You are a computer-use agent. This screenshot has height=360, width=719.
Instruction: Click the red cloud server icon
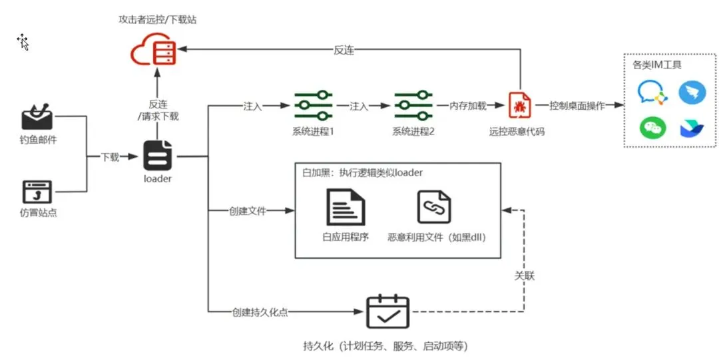click(156, 50)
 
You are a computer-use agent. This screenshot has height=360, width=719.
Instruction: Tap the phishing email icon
click(38, 117)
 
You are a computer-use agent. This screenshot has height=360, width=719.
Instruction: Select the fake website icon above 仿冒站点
click(37, 192)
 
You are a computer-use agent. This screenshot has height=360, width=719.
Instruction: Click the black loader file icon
click(158, 156)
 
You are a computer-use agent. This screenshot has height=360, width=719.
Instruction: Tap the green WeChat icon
click(652, 127)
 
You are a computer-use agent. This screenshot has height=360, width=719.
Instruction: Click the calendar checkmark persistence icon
click(387, 312)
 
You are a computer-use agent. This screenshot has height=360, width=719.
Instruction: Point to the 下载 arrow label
click(110, 157)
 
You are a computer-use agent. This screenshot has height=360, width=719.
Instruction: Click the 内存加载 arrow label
click(468, 106)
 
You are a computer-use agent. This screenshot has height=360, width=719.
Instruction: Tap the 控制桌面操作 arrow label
click(577, 106)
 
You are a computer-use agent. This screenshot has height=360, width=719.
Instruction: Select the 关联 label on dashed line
click(525, 275)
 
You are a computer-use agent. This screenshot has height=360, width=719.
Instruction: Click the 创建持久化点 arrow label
click(260, 311)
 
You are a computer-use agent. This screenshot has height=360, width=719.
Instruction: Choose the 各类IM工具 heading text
click(656, 65)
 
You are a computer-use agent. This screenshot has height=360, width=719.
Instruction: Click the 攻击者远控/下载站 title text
click(157, 19)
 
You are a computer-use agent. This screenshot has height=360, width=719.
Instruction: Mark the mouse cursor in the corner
click(23, 42)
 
